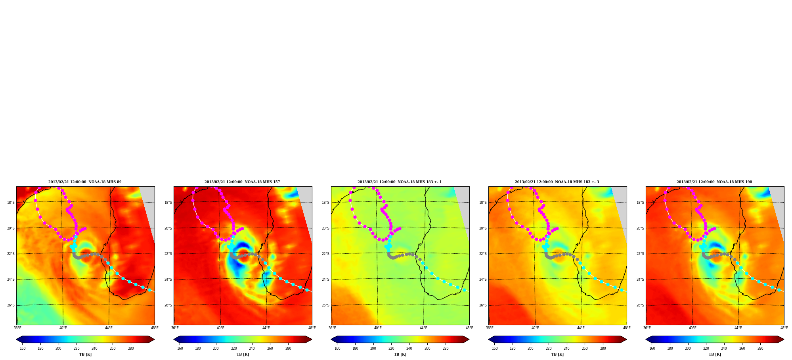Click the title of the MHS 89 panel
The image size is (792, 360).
[x=85, y=182]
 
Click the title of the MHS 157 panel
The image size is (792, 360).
[x=242, y=182]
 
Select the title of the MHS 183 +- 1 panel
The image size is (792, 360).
[x=400, y=182]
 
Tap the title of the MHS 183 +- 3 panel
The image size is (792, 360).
[x=557, y=182]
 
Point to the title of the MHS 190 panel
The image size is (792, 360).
[x=714, y=182]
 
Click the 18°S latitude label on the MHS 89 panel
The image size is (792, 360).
[x=11, y=203]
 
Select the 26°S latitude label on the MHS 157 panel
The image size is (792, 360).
[x=168, y=305]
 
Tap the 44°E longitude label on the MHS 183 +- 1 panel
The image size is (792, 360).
[x=424, y=328]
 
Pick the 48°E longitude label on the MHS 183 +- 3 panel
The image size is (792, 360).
[x=627, y=328]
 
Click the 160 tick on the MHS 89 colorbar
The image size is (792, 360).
[x=23, y=349]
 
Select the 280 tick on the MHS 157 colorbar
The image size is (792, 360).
[x=288, y=349]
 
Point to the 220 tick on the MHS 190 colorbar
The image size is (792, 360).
[x=706, y=349]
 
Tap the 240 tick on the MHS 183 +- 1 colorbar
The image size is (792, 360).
[x=409, y=349]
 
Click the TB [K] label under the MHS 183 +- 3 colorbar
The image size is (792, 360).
[x=557, y=354]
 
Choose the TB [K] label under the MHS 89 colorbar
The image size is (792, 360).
[x=85, y=354]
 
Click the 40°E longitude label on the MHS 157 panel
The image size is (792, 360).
[x=220, y=328]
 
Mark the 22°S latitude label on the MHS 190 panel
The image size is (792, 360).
[x=640, y=254]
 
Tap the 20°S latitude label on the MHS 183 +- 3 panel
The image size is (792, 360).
[x=483, y=228]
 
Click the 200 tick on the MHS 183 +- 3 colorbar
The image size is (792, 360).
[x=530, y=349]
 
